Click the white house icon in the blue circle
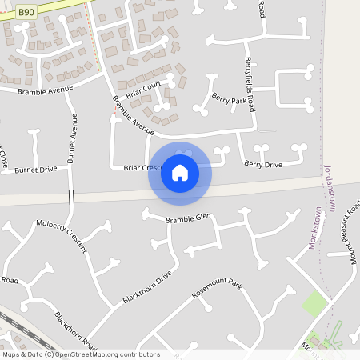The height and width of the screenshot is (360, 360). point(180,172)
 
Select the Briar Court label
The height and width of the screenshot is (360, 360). point(143,90)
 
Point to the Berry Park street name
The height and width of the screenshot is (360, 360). point(230,101)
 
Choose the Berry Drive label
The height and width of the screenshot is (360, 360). point(263,164)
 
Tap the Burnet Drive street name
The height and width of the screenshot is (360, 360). point(36,170)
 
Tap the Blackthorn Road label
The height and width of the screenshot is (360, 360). point(76,330)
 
